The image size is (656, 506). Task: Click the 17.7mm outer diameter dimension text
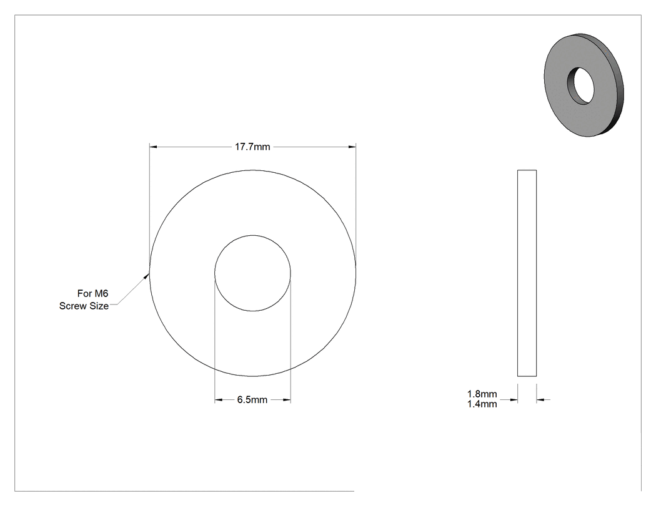point(252,147)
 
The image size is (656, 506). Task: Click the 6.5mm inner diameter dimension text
point(252,400)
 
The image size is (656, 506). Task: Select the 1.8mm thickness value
point(482,394)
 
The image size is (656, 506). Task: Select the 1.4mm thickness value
point(482,404)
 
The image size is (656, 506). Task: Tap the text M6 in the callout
point(102,293)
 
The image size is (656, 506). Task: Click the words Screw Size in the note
point(84,306)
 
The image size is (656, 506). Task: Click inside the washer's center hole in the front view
point(252,273)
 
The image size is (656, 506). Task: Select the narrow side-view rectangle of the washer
point(527,273)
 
